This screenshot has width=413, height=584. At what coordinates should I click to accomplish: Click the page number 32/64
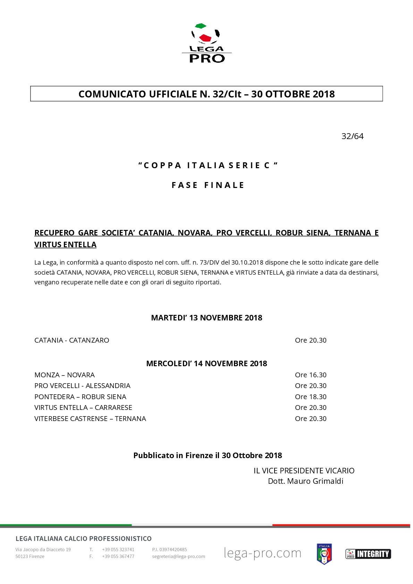[x=352, y=136]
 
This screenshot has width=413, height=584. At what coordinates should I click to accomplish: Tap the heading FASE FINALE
[x=208, y=185]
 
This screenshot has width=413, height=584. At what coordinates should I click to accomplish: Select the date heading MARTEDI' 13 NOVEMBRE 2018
[x=206, y=318]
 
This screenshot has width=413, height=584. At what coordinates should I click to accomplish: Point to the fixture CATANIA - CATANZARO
[x=72, y=340]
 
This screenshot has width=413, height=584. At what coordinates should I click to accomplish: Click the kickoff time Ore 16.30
[x=311, y=375]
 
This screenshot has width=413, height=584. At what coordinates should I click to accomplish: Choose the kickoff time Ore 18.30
[x=311, y=397]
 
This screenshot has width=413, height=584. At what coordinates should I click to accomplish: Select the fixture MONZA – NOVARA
[x=65, y=375]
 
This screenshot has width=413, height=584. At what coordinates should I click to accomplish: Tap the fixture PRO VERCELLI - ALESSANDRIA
[x=82, y=386]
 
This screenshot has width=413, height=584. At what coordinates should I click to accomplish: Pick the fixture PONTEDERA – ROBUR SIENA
[x=80, y=397]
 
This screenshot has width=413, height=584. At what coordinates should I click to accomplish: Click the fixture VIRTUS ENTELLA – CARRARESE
[x=83, y=407]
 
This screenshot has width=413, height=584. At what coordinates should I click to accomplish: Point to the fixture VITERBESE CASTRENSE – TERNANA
[x=90, y=419]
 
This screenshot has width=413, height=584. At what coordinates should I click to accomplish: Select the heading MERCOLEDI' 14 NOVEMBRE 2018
[x=206, y=363]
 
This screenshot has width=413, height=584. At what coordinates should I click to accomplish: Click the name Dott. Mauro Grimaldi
[x=305, y=481]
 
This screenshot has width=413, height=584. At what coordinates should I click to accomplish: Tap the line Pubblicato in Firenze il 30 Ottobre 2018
[x=208, y=455]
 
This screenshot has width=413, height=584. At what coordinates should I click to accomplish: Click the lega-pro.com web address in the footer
[x=262, y=553]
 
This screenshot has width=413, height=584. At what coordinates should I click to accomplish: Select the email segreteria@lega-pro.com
[x=178, y=557]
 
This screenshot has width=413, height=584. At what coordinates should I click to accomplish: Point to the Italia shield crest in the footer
[x=324, y=554]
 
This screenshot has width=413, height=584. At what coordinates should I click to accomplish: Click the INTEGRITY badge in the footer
[x=368, y=554]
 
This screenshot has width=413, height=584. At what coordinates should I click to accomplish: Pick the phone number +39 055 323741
[x=118, y=550]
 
